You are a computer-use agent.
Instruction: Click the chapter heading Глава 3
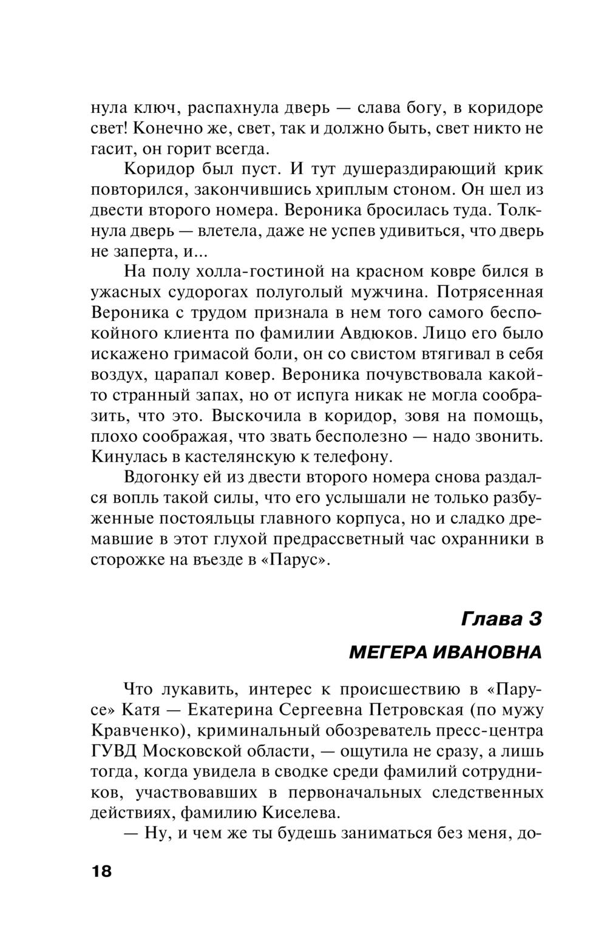point(501,618)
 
